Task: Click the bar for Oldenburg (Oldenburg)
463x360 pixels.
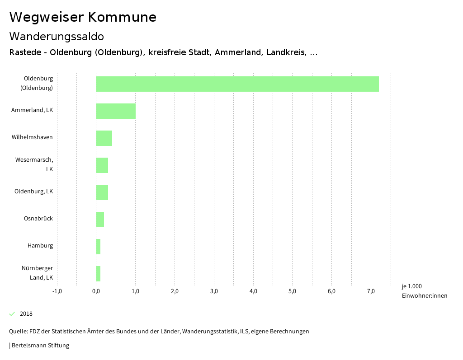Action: click(x=237, y=84)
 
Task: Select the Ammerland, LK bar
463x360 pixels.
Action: click(x=116, y=111)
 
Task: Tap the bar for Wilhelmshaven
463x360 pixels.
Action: click(x=104, y=138)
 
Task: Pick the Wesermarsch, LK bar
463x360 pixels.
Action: click(x=102, y=165)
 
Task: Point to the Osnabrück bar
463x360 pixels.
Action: click(x=100, y=220)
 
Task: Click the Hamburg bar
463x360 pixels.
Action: click(x=98, y=247)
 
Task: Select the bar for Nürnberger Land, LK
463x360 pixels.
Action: click(x=98, y=274)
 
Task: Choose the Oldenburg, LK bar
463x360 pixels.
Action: click(x=102, y=192)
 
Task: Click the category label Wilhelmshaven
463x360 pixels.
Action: click(x=32, y=137)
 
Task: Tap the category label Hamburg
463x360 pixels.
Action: click(x=40, y=246)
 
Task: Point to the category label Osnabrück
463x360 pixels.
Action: click(x=38, y=219)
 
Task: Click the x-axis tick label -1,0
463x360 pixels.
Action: click(x=57, y=291)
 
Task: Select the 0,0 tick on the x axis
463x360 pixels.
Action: click(x=96, y=291)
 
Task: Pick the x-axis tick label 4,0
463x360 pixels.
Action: click(x=253, y=291)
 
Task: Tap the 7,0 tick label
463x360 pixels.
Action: click(x=371, y=291)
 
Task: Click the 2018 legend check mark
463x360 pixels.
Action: click(x=12, y=313)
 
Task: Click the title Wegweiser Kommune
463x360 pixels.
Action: click(x=83, y=17)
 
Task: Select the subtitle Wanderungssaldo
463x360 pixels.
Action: click(x=57, y=36)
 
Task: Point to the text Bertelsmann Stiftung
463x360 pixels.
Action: click(x=40, y=346)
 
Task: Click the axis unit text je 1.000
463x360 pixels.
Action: click(x=411, y=286)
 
